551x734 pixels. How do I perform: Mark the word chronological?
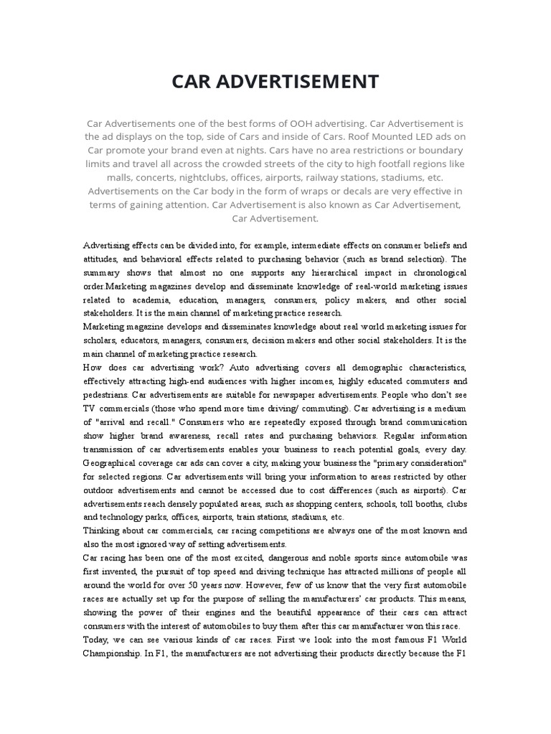click(x=433, y=273)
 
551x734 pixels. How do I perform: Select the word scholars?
click(x=101, y=340)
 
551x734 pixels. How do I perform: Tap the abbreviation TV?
click(x=90, y=409)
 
